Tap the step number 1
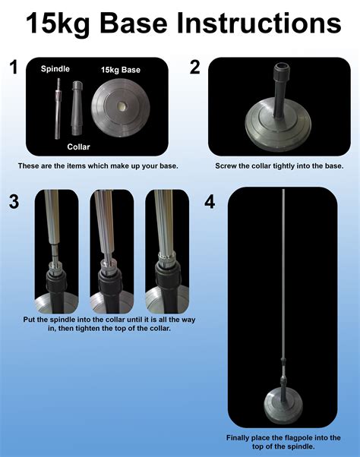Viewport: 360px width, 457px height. pyautogui.click(x=12, y=68)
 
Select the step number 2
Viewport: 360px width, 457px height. pyautogui.click(x=195, y=68)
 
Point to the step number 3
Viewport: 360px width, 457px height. pyautogui.click(x=13, y=203)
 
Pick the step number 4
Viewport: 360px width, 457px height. pyautogui.click(x=210, y=203)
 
